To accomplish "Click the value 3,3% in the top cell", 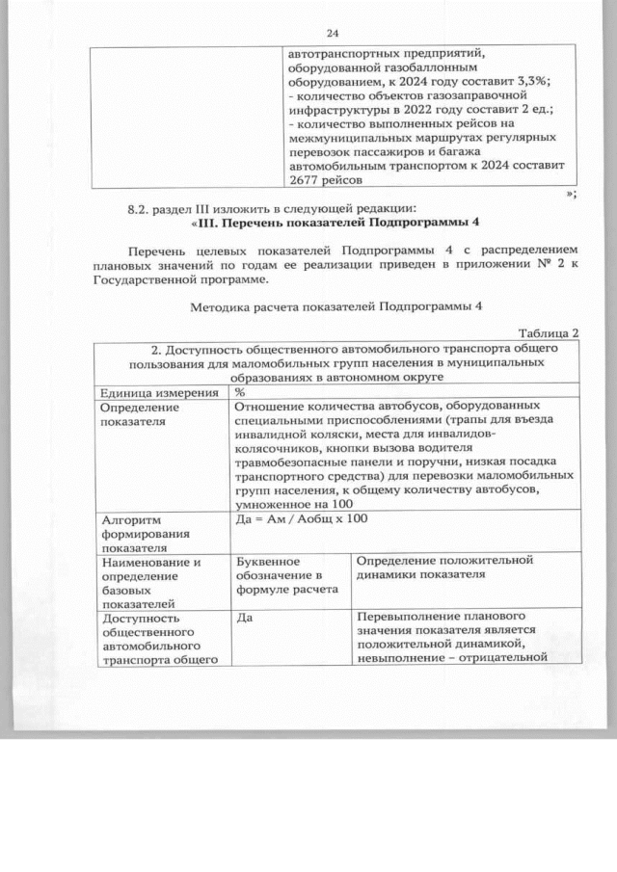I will pos(519,82).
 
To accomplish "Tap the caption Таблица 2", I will pos(547,333).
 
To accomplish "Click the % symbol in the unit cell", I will pos(239,391).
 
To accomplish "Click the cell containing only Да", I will pos(242,616).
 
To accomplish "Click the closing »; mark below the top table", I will pos(572,194).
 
